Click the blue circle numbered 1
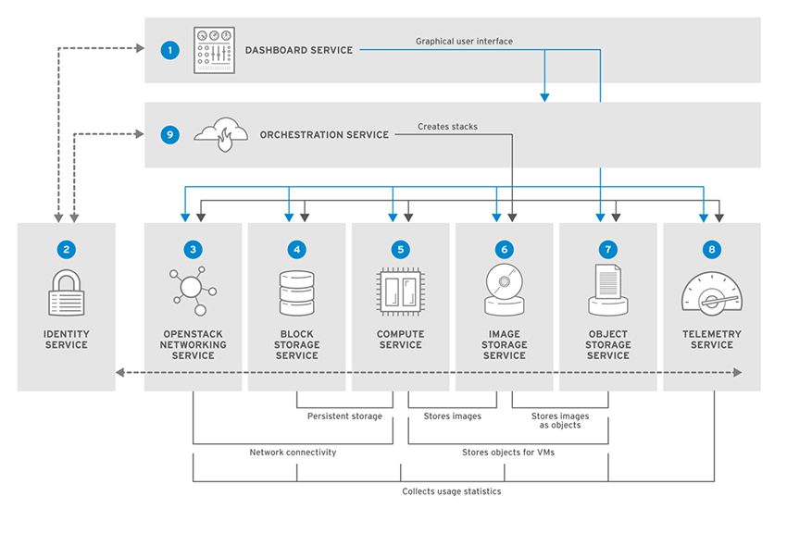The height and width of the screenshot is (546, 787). (169, 50)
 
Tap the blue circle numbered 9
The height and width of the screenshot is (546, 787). (169, 135)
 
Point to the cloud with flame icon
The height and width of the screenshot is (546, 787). (220, 133)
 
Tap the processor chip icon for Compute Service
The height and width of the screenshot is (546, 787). (400, 290)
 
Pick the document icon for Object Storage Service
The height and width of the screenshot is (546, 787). (607, 289)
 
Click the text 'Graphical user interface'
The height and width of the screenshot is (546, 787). (464, 42)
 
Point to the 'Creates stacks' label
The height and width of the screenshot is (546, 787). (447, 127)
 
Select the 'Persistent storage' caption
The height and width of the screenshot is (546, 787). (344, 416)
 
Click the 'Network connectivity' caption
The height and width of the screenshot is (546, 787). (293, 453)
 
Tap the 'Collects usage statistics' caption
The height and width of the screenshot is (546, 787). (451, 491)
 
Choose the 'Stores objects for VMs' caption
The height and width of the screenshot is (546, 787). (507, 453)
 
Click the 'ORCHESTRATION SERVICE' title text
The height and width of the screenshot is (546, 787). (324, 135)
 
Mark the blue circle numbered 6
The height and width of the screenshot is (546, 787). (504, 249)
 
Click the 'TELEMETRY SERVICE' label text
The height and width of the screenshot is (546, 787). (711, 340)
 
